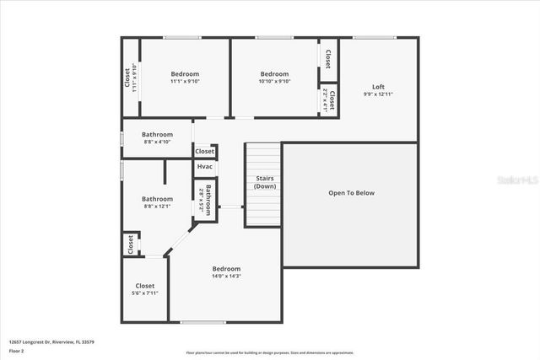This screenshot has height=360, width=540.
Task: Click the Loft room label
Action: click(x=378, y=87)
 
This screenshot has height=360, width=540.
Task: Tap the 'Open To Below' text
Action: click(x=351, y=193)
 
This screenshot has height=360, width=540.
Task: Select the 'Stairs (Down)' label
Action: click(x=264, y=182)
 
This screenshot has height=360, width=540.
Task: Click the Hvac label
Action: click(x=204, y=167)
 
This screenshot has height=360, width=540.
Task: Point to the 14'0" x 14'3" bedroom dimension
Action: click(x=225, y=277)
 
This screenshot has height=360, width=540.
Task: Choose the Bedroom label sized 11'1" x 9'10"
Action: click(x=185, y=74)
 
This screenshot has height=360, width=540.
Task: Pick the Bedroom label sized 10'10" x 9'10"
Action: click(x=274, y=74)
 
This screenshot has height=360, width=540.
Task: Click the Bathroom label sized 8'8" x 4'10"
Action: click(x=157, y=134)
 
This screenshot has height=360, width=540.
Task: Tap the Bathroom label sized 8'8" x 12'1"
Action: click(x=157, y=199)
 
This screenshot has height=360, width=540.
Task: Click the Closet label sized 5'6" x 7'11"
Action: click(x=144, y=286)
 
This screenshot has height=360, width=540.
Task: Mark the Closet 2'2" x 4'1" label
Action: click(x=329, y=102)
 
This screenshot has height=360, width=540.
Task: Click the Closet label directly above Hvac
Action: click(x=204, y=152)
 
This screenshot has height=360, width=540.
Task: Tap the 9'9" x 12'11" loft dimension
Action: click(x=378, y=94)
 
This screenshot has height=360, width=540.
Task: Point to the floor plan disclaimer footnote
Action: click(x=269, y=352)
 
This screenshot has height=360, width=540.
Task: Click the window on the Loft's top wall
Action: click(x=375, y=37)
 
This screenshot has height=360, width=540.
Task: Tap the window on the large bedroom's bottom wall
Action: click(x=203, y=322)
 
